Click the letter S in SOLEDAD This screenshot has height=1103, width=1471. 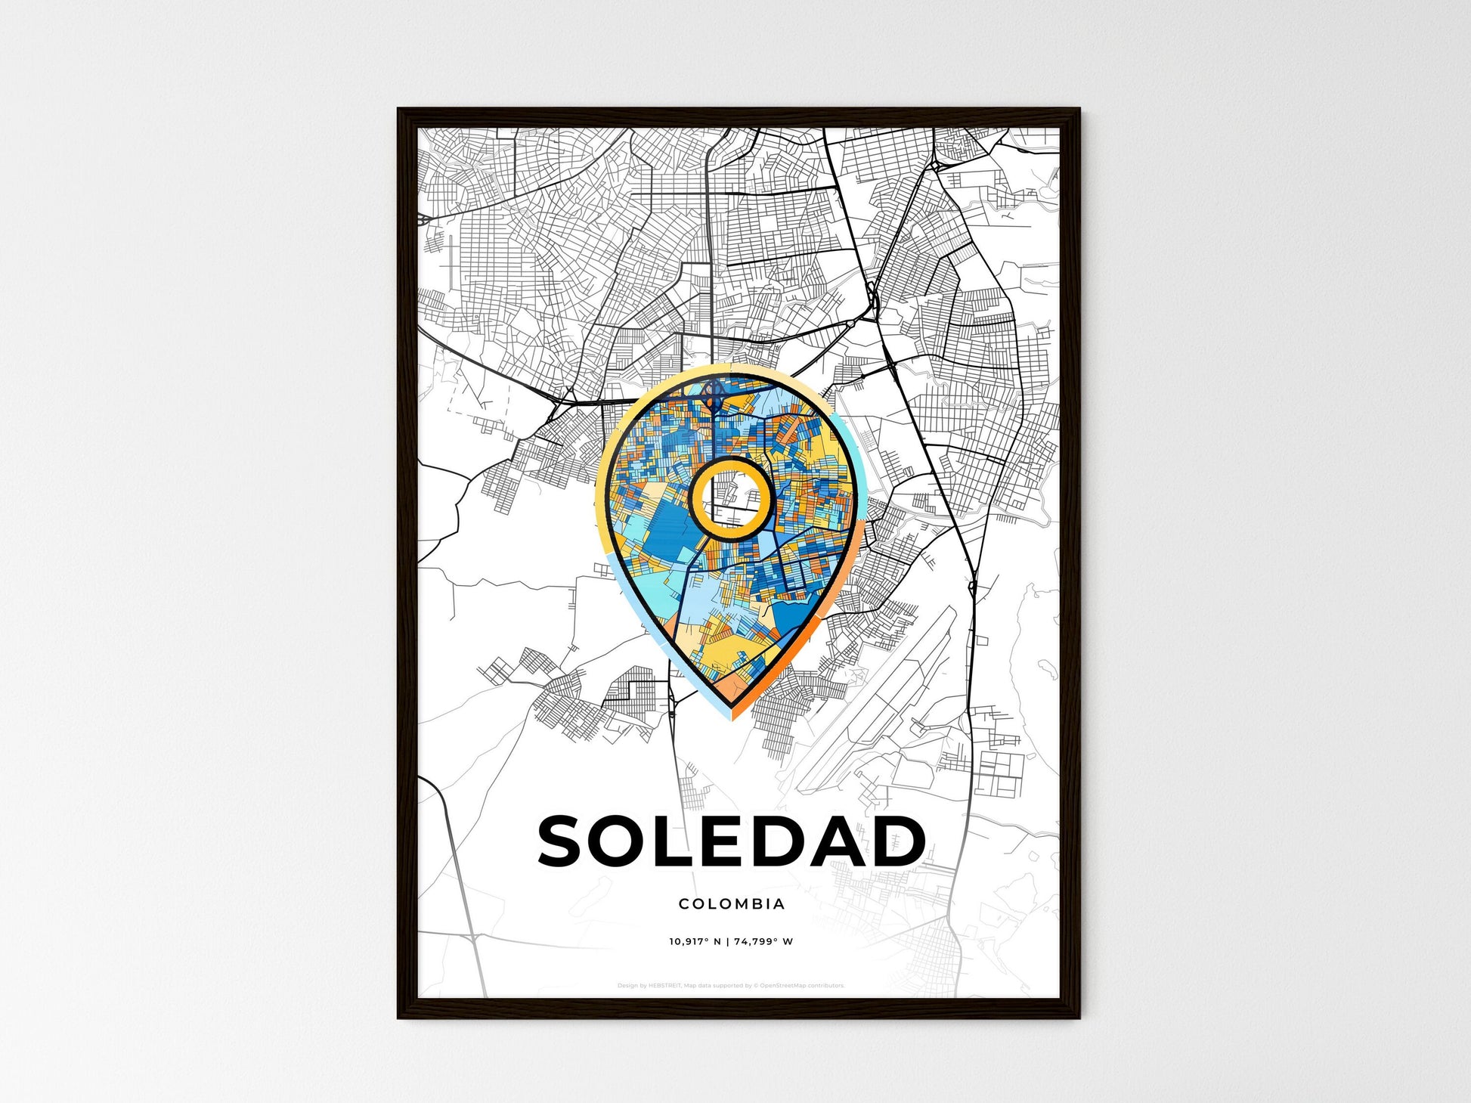click(565, 841)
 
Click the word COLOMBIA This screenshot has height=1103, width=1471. click(732, 903)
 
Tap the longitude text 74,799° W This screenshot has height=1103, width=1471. click(763, 942)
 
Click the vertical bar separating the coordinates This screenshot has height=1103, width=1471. click(727, 942)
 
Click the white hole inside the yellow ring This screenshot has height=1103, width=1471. click(730, 499)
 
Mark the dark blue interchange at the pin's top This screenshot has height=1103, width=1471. click(712, 392)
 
